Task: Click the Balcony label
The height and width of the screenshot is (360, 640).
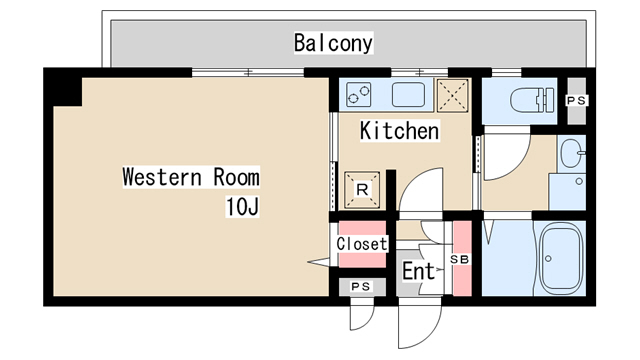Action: (x=333, y=43)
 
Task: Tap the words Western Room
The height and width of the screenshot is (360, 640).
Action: (x=190, y=178)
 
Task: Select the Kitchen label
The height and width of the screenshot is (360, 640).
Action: (x=399, y=131)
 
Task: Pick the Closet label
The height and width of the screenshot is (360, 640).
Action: (x=361, y=244)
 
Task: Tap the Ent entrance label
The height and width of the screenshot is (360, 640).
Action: (x=419, y=271)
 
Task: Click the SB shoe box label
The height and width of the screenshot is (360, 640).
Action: (x=461, y=260)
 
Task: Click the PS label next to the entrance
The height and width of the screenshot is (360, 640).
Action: (x=360, y=287)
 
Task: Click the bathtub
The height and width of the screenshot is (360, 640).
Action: (x=560, y=257)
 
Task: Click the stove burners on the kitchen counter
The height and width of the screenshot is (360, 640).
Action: (x=358, y=95)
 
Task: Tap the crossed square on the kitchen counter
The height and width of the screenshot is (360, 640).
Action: (x=456, y=96)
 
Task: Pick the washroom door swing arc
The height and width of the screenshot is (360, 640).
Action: (x=505, y=160)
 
